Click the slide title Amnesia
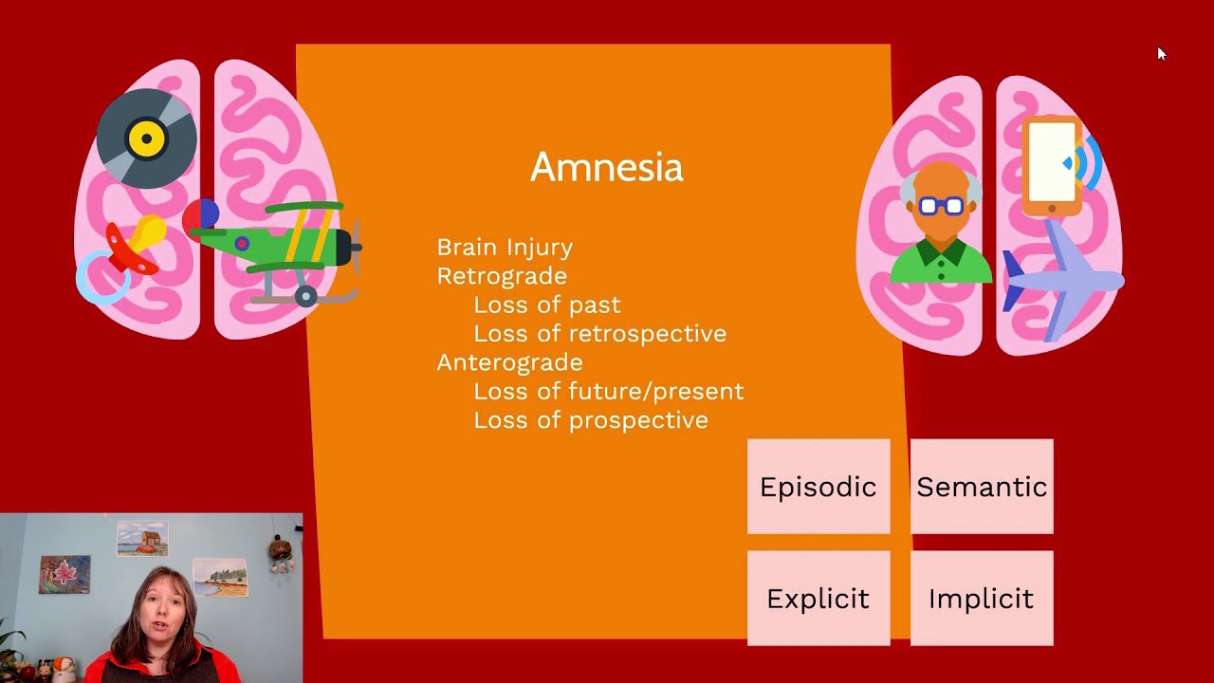(x=606, y=167)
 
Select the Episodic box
(x=818, y=487)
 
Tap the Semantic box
(x=982, y=487)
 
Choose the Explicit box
(x=818, y=599)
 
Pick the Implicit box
(x=982, y=599)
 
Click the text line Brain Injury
(x=505, y=247)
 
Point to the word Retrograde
(x=502, y=276)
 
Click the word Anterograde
(x=509, y=362)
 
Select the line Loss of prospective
(x=590, y=419)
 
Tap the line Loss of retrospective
(x=599, y=333)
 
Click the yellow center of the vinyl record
(x=146, y=139)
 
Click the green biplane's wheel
(x=305, y=297)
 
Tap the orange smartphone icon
(x=1052, y=163)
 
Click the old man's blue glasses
(x=941, y=205)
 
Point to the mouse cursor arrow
(x=1161, y=53)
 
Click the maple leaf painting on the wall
(x=64, y=574)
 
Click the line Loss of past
(x=546, y=305)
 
